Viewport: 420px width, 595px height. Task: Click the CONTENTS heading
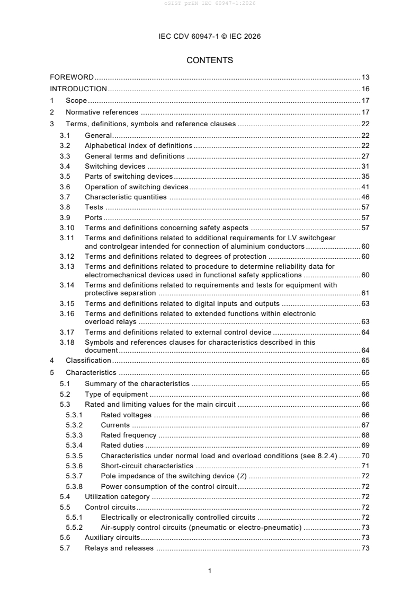(210, 60)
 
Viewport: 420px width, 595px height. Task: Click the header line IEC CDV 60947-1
(210, 37)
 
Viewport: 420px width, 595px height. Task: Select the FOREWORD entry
(72, 77)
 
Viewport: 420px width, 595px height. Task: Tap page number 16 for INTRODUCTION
(365, 89)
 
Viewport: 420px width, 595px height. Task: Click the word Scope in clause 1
(76, 101)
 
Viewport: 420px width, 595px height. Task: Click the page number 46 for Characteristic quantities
(365, 197)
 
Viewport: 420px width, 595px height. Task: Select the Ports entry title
(94, 217)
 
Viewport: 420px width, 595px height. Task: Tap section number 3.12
(67, 257)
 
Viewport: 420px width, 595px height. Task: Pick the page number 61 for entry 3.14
(365, 293)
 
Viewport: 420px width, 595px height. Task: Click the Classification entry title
(88, 360)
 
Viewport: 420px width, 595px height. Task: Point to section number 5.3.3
(74, 435)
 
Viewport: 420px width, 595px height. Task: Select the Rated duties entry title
(122, 445)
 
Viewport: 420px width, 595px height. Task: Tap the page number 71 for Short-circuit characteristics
(365, 466)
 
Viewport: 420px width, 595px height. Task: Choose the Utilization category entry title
(117, 497)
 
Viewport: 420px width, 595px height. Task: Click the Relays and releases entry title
(119, 548)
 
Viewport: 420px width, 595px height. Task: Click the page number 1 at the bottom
(210, 571)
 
